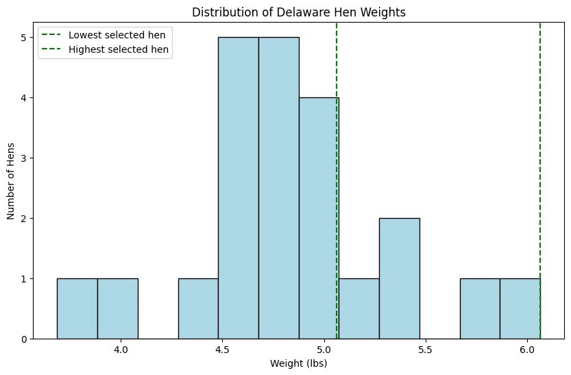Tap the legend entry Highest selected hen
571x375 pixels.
[x=114, y=49]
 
